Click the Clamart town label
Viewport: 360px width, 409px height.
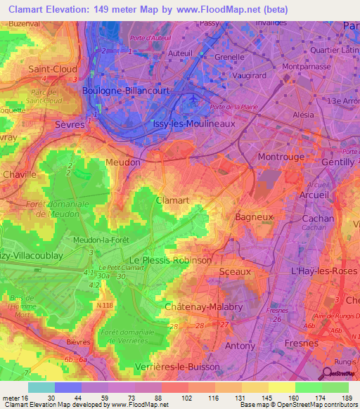[172, 200]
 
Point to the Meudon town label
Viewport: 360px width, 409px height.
[123, 162]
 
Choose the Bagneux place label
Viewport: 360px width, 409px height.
[254, 217]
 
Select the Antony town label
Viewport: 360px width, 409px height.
[240, 346]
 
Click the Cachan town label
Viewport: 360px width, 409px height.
[317, 219]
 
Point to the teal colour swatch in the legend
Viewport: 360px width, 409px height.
[41, 387]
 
